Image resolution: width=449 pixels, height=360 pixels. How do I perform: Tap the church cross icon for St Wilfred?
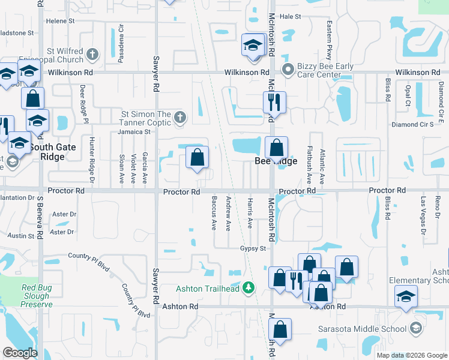coord(92,55)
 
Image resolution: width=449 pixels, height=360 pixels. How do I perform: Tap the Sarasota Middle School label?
coord(371,328)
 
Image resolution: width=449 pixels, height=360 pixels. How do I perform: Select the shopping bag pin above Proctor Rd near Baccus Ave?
coord(197,158)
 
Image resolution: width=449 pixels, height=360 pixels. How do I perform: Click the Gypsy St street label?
coord(253,248)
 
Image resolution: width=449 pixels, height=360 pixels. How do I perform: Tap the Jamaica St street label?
coord(133,131)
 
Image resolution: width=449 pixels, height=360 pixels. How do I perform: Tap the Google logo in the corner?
coord(20,353)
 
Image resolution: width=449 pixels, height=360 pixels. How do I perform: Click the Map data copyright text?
coord(411,355)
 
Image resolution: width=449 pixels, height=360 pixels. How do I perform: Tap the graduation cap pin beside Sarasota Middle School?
coord(406,297)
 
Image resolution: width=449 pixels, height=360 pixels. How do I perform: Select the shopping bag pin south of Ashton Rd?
coord(280,330)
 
